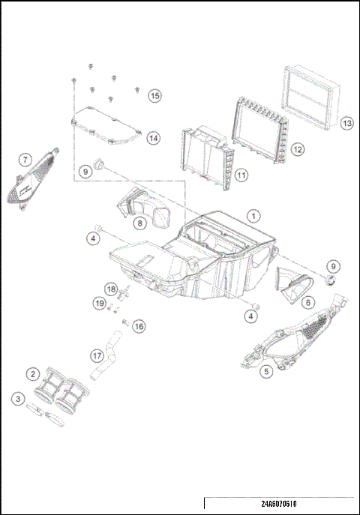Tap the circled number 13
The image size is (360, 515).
click(346, 123)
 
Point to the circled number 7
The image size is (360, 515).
click(25, 160)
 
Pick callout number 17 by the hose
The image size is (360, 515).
click(96, 355)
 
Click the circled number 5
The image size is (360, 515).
click(265, 370)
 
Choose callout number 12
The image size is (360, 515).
click(298, 149)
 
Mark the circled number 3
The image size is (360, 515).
click(18, 400)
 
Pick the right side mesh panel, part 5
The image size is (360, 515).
click(292, 337)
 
